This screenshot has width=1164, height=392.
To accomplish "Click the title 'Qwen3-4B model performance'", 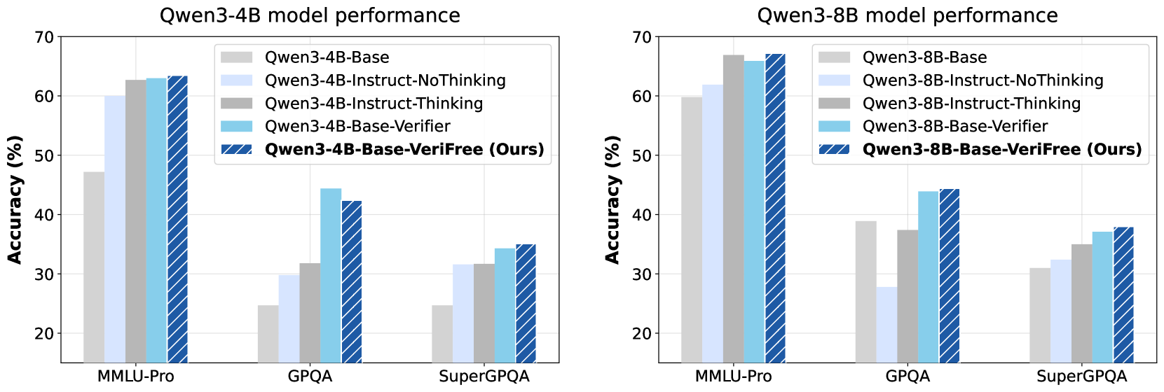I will point(310,15).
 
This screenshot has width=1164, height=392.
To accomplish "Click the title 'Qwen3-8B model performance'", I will point(908,15).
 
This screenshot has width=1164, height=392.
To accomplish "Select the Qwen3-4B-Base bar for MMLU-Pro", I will point(94,267).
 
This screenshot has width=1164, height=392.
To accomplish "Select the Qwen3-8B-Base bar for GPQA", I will point(865,291).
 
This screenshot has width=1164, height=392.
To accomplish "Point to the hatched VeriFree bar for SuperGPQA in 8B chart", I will point(1123,295).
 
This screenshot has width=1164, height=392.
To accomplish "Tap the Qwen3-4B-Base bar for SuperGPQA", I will point(442,333).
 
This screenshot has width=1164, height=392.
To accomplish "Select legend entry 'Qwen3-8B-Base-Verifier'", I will point(954,127).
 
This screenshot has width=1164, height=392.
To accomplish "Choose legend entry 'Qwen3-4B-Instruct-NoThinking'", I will point(385,80).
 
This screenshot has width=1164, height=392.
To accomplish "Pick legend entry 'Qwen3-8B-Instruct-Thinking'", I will point(971,104).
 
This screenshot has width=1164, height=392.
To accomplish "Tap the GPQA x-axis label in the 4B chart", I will point(310,377).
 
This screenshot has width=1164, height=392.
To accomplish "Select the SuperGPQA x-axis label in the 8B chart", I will point(1081,377).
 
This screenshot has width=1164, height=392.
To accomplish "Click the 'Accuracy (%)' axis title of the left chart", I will point(15,199).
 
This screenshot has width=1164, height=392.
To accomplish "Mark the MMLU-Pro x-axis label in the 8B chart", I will point(733,377).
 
